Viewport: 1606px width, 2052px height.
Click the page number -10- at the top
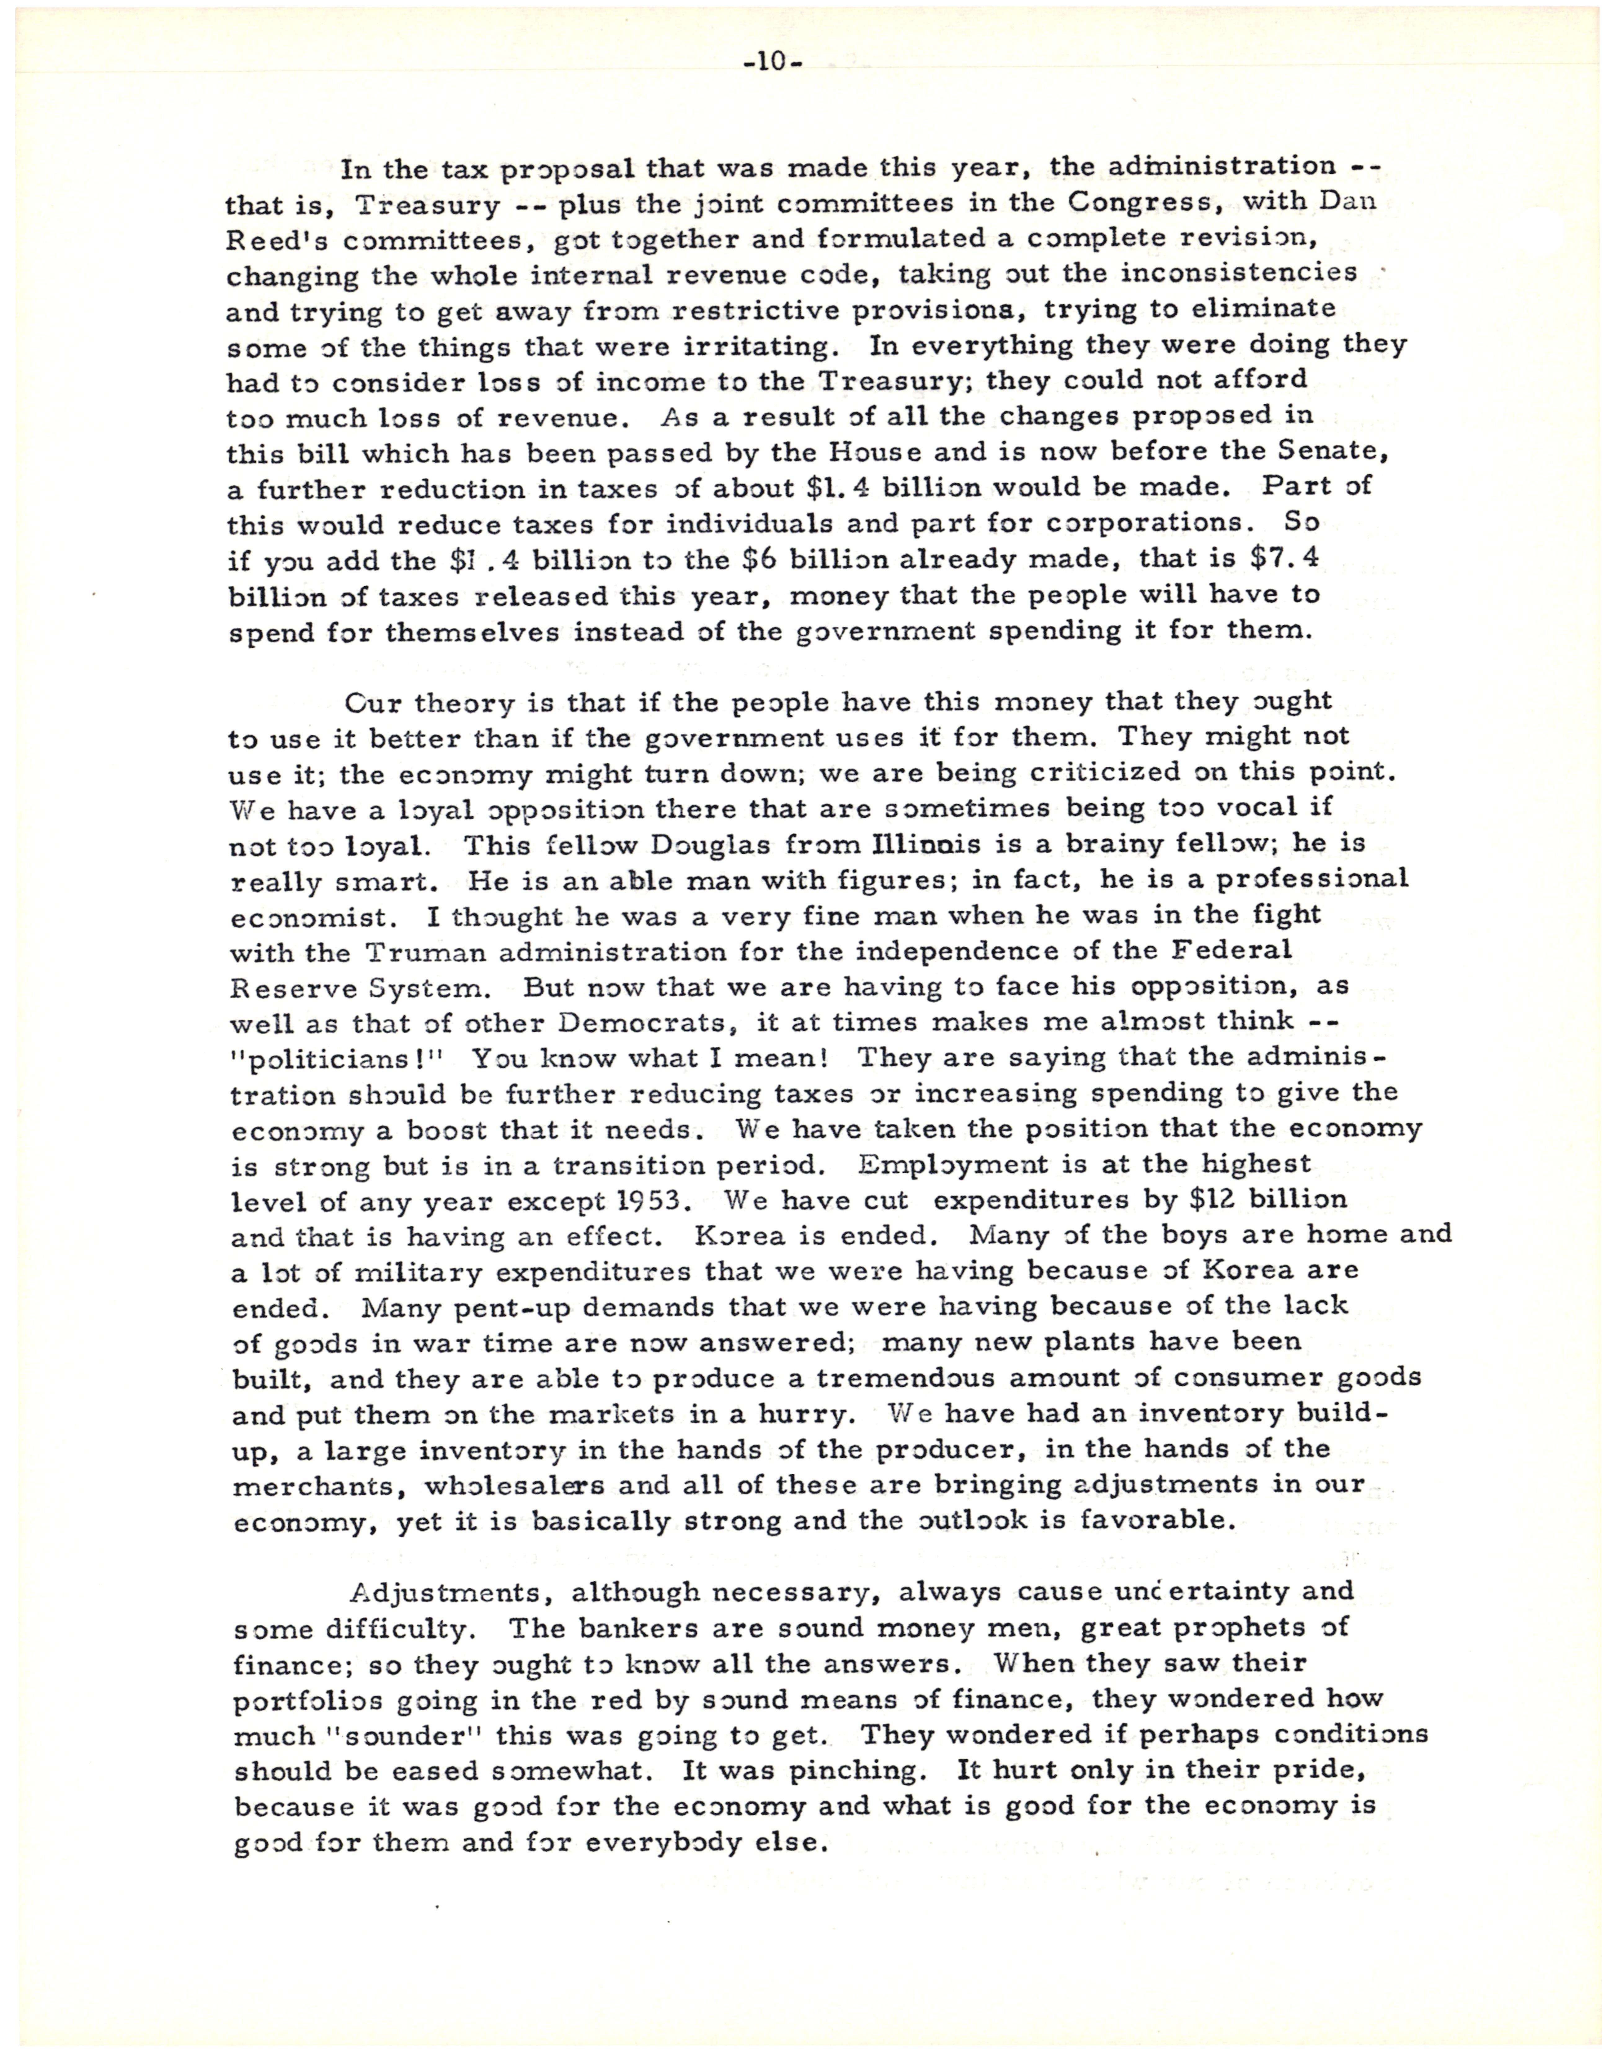[773, 63]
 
